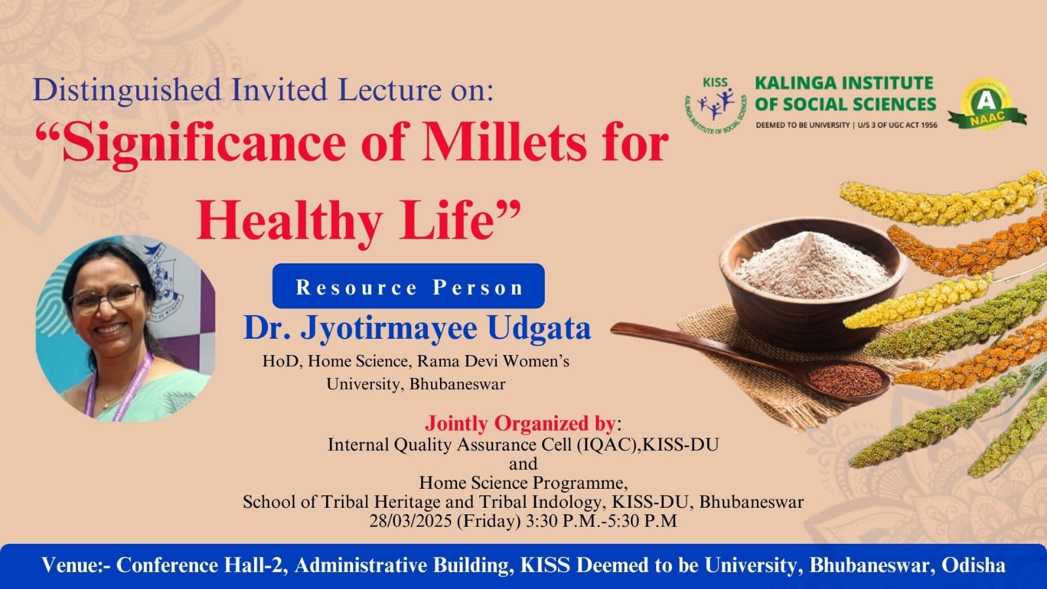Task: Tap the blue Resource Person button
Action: tap(409, 286)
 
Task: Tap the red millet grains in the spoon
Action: tap(846, 379)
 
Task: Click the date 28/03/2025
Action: tap(411, 521)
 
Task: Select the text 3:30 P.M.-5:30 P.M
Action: tap(602, 521)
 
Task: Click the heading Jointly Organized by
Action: tap(521, 423)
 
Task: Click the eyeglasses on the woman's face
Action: tap(105, 299)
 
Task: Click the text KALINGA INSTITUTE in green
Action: tap(844, 83)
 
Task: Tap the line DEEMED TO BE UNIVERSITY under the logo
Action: tap(803, 125)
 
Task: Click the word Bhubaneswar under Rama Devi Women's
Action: tap(458, 385)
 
